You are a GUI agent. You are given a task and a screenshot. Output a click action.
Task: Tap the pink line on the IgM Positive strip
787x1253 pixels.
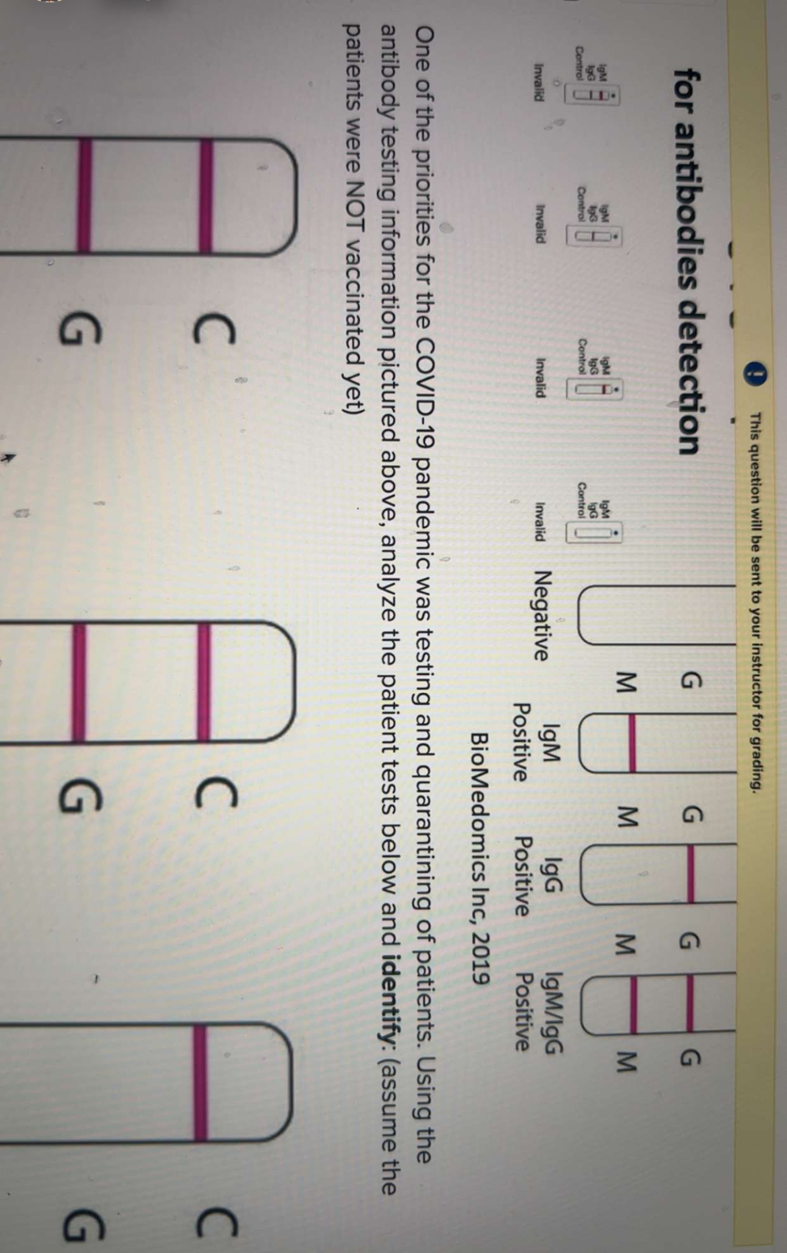tap(632, 743)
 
